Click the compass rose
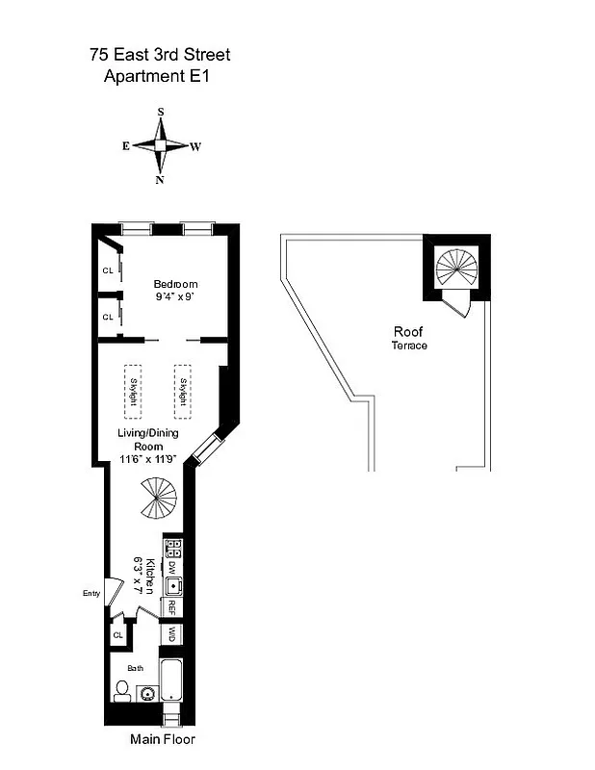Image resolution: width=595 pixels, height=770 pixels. pyautogui.click(x=161, y=145)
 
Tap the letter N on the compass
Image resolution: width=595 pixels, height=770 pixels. pyautogui.click(x=161, y=179)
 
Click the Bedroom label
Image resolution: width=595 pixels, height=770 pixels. pyautogui.click(x=176, y=284)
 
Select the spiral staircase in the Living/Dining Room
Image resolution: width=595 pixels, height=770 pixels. pyautogui.click(x=157, y=499)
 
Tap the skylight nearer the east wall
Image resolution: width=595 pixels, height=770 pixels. pyautogui.click(x=134, y=391)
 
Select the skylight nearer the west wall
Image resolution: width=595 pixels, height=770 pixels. pyautogui.click(x=183, y=391)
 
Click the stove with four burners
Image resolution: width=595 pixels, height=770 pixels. pyautogui.click(x=173, y=550)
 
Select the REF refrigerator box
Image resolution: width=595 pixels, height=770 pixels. pyautogui.click(x=172, y=608)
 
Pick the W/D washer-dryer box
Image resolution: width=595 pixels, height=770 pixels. pyautogui.click(x=172, y=634)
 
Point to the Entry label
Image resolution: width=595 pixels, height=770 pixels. pyautogui.click(x=92, y=593)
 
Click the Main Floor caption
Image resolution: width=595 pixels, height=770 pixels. pyautogui.click(x=163, y=739)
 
